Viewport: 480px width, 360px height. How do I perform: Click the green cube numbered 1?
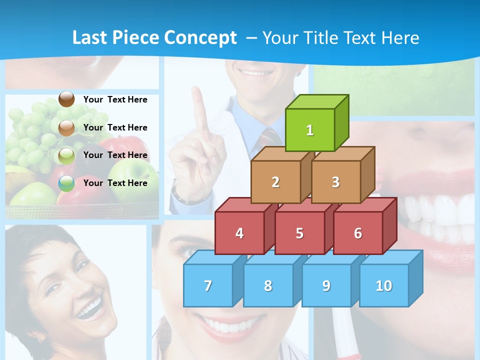[x=310, y=130]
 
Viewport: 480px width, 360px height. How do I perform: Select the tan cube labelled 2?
[x=275, y=182]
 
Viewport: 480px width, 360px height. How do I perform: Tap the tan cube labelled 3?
[x=335, y=182]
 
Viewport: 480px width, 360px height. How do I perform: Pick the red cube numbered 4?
[x=239, y=233]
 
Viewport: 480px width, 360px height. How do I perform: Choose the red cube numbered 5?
[x=299, y=233]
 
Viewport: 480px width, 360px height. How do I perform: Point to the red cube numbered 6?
[x=358, y=233]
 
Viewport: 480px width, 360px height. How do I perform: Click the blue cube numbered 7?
[x=208, y=285]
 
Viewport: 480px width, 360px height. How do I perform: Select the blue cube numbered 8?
[x=268, y=285]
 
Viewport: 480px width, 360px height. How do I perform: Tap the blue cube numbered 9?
[x=326, y=285]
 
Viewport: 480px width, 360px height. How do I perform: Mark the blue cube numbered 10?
[x=383, y=285]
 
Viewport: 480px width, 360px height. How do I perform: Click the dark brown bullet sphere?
[x=66, y=99]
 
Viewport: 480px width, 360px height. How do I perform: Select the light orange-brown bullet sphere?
[x=66, y=127]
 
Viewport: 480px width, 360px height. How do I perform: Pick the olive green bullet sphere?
[x=66, y=155]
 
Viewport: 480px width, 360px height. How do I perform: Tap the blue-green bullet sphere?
[x=66, y=183]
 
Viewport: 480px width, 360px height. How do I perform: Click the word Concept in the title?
[x=200, y=38]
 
